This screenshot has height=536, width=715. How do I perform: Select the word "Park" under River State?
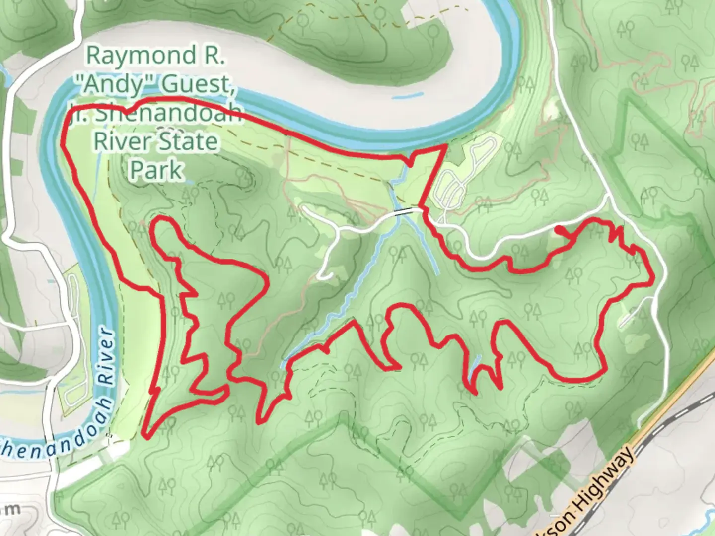click(x=155, y=170)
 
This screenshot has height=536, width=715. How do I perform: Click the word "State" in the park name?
click(x=189, y=142)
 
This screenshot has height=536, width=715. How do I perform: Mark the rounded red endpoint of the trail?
click(x=559, y=229)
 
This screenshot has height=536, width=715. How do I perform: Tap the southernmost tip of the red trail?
click(x=145, y=436)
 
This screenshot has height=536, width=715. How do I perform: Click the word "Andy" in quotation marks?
click(x=107, y=85)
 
